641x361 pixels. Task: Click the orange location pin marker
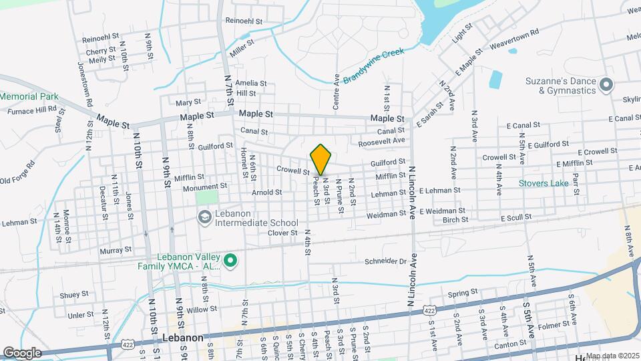(320, 159)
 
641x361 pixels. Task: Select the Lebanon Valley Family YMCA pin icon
(230, 261)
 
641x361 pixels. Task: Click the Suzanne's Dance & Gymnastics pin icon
(606, 85)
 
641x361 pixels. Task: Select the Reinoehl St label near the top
(245, 21)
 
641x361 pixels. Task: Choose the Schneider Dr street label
(386, 261)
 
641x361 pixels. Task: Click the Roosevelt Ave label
(382, 141)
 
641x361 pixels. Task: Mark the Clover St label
(282, 233)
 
